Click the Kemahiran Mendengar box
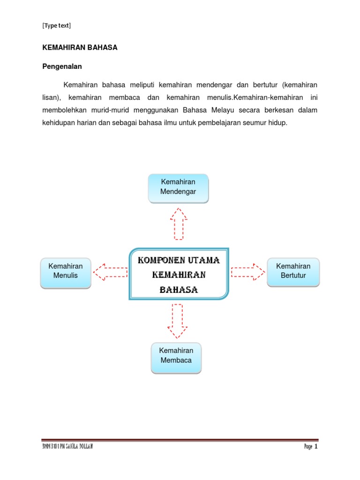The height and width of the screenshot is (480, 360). pos(178,188)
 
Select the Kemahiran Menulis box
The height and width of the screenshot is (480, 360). pos(65,272)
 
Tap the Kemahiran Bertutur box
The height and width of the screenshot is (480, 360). pos(293,271)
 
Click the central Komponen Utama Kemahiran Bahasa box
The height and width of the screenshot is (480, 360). pos(179,274)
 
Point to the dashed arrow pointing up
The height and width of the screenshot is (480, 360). pos(178,224)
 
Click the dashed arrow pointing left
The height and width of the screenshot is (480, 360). pos(110,271)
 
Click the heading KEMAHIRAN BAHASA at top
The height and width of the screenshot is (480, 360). pos(80,48)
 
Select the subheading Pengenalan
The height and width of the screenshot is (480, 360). pos(62,67)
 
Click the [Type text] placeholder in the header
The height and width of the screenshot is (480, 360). pos(56,26)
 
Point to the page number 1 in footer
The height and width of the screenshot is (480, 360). pos(316,447)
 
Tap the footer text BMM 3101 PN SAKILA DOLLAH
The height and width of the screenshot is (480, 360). pos(67,447)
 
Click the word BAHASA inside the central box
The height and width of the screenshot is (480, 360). pos(179,290)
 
